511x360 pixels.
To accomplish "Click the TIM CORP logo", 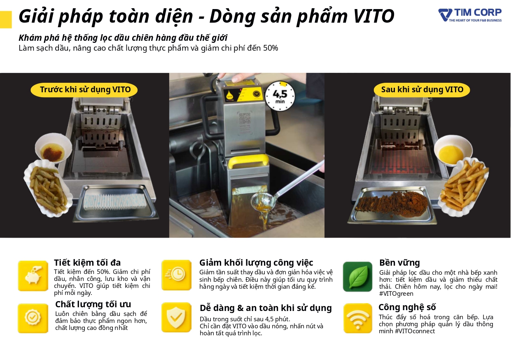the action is [x=470, y=15].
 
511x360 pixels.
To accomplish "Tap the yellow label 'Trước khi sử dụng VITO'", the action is [x=84, y=90].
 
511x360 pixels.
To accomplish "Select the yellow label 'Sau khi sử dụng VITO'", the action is [x=422, y=90].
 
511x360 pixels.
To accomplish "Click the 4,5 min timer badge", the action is [x=280, y=96].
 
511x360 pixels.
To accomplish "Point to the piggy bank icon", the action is [x=33, y=276].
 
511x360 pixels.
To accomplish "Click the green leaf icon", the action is [x=357, y=276].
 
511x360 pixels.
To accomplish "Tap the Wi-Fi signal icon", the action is [x=358, y=318].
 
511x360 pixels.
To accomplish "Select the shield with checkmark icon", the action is [x=176, y=317].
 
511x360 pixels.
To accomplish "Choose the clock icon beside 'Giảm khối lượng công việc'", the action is [x=176, y=275].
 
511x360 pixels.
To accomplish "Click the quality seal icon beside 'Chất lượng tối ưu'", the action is [x=33, y=318].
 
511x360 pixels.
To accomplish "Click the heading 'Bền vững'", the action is [x=399, y=263].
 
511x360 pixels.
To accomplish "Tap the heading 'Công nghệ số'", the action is [x=407, y=307].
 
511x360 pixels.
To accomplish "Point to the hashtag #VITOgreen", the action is [x=396, y=294].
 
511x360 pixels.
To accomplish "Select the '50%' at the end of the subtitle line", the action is [x=271, y=48].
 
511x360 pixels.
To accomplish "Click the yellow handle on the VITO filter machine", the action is [x=248, y=161].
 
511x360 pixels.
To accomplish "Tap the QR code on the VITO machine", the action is [x=245, y=118].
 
